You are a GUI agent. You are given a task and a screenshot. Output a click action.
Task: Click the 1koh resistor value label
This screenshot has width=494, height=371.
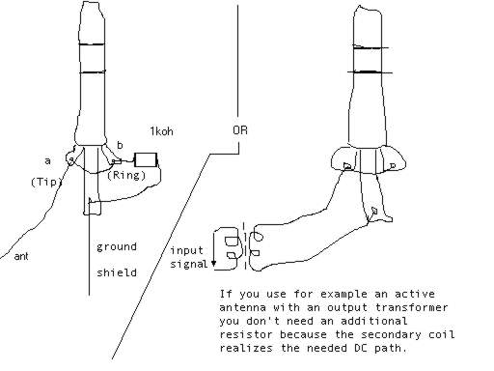161,131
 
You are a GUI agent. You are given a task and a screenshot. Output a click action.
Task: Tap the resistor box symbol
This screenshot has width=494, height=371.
146,159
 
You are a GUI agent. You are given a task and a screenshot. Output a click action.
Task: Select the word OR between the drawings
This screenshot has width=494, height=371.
240,130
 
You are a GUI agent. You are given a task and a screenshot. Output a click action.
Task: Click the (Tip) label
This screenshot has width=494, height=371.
46,182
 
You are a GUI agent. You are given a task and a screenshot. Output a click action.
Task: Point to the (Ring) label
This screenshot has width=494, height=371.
126,175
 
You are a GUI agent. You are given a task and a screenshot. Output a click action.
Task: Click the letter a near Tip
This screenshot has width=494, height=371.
47,160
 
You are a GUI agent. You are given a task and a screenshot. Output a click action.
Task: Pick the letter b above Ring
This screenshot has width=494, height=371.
120,145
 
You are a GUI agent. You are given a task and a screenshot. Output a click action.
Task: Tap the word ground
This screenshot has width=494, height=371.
117,247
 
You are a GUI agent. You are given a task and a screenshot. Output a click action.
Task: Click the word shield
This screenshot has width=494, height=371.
117,272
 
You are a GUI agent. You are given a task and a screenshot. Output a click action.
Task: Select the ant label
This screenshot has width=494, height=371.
21,256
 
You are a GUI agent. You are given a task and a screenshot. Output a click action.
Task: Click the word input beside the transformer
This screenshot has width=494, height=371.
186,250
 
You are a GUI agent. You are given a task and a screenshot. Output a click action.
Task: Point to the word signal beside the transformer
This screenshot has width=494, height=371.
189,264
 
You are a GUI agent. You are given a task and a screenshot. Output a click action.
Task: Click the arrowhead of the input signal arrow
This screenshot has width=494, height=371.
213,264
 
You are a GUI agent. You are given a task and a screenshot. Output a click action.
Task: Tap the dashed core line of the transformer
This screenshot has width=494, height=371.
245,245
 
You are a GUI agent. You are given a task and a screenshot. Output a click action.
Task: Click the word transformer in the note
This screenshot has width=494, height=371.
411,307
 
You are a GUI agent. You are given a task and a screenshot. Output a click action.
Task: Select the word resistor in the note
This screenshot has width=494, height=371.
246,334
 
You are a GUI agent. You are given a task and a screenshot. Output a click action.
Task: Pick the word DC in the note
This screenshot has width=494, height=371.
362,348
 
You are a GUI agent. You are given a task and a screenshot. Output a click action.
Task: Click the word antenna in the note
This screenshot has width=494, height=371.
243,307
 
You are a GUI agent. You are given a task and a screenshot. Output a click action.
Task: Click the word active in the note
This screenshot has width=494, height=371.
415,294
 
